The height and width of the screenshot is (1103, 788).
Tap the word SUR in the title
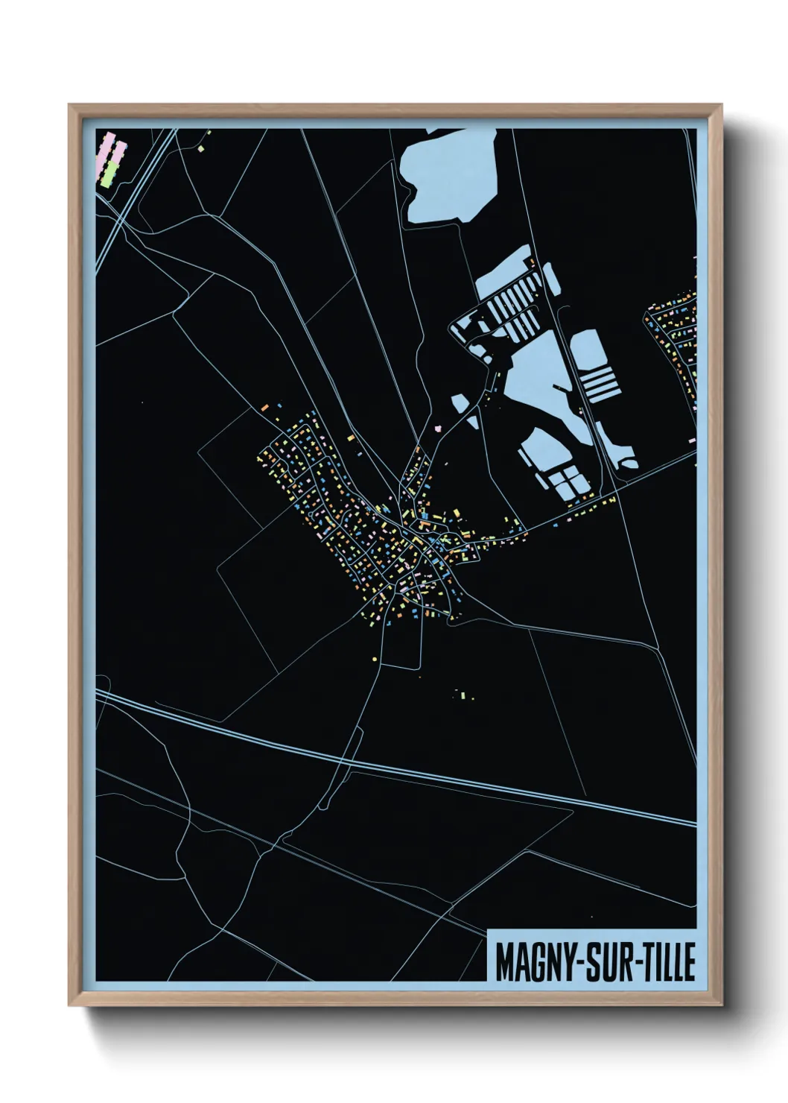[607, 962]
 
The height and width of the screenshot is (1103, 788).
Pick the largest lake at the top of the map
[447, 175]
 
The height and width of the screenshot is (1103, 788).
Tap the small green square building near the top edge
[200, 149]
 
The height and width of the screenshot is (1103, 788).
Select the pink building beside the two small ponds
[439, 429]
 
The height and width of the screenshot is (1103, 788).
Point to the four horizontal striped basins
[598, 382]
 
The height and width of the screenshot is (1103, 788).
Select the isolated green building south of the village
[463, 695]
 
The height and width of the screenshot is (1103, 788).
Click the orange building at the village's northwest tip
[264, 408]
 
